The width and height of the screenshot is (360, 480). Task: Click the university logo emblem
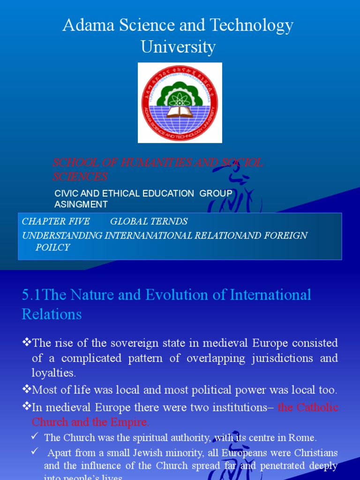pos(180,102)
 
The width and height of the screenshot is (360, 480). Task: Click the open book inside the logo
pos(180,112)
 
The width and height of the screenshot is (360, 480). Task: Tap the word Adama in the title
pos(84,26)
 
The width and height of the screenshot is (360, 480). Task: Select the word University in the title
pos(178,47)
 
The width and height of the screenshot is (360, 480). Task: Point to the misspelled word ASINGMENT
pos(81,204)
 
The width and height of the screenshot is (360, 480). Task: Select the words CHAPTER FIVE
pos(56,221)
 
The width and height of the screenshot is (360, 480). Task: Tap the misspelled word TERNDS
pos(170,221)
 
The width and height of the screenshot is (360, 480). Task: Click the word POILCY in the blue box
pos(52,247)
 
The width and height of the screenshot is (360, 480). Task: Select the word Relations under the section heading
pos(52,314)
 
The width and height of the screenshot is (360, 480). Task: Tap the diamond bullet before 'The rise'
pos(27,343)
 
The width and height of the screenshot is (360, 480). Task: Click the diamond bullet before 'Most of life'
pos(27,390)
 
